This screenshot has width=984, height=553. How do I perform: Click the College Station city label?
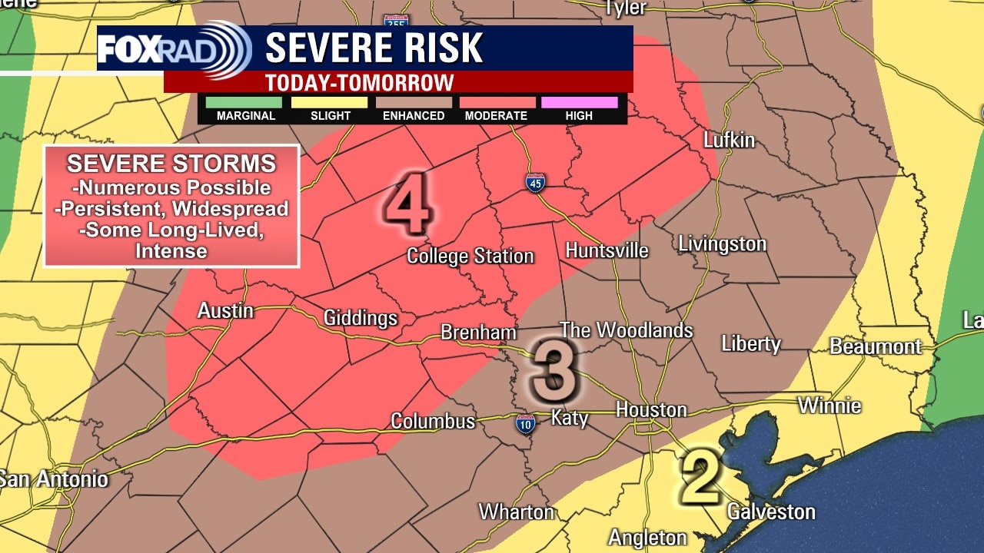coord(470,256)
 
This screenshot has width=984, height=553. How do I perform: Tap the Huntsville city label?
coord(607,250)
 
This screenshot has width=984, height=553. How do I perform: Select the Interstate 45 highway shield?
coord(535,183)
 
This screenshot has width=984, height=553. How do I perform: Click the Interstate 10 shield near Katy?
coord(525,423)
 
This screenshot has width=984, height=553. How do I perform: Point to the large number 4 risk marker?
coord(407,204)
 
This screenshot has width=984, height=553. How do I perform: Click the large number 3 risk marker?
coord(552,373)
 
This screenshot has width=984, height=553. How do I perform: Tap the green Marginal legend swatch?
coord(245,102)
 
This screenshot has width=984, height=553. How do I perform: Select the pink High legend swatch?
coord(579,102)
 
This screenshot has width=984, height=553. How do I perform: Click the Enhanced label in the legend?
coord(414,116)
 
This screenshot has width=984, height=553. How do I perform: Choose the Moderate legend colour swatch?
coord(497,102)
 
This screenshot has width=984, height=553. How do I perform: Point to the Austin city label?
coord(225,311)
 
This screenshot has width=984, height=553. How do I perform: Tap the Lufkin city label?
coord(730,141)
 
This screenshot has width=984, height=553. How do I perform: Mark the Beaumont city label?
coord(875,346)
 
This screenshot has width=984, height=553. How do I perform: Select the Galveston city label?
coord(770,512)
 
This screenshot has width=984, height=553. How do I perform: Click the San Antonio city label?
coord(54,480)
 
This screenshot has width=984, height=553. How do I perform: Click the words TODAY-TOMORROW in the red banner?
coord(359,82)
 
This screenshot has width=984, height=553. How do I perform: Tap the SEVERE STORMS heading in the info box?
coord(171,164)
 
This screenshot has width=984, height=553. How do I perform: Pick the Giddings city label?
coord(361,318)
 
